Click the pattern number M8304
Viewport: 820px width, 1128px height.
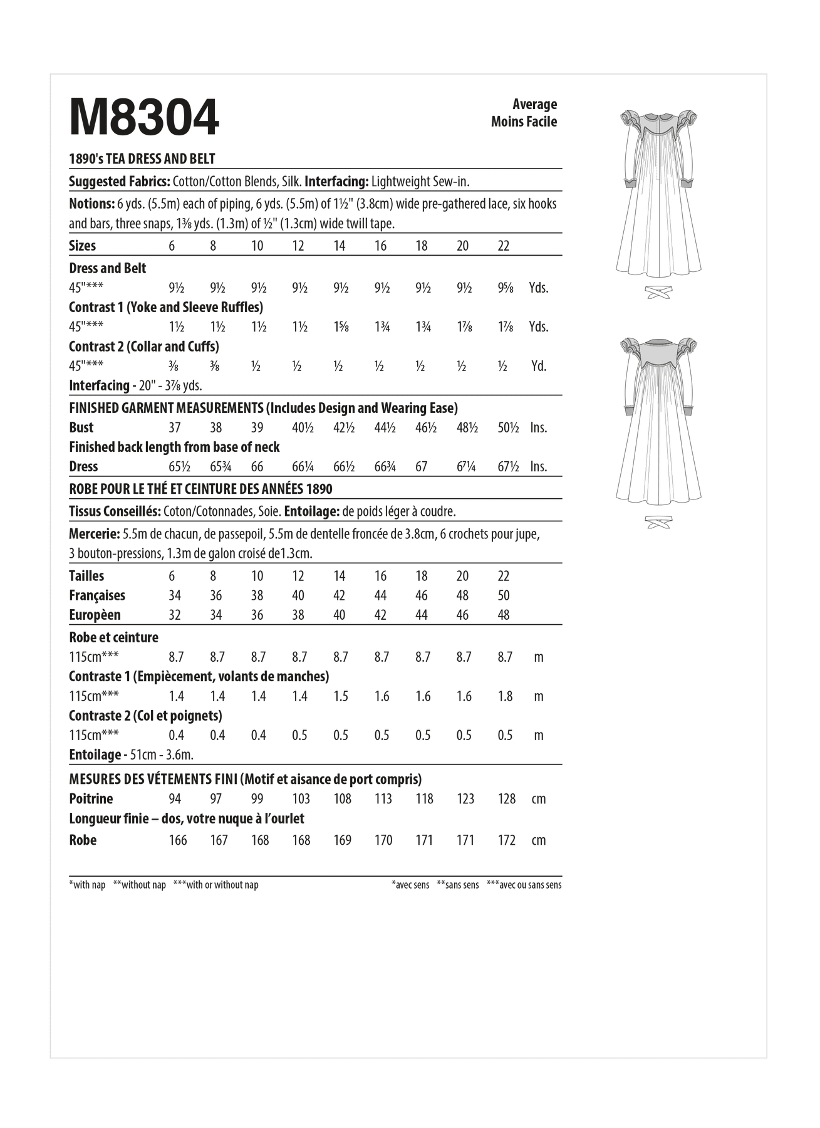[x=144, y=117]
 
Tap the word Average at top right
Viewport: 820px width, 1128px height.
[x=534, y=104]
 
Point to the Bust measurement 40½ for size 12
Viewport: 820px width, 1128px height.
[x=299, y=427]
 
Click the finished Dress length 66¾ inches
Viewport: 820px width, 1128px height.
[x=382, y=467]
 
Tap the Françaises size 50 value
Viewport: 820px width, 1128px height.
[x=504, y=595]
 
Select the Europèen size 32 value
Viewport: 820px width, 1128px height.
[x=175, y=615]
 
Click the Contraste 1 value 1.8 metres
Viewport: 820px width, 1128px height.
[x=505, y=696]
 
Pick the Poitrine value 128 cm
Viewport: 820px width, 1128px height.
[x=506, y=799]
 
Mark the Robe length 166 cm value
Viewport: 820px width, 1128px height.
[x=178, y=840]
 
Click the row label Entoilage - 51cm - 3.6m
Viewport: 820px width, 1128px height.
[x=131, y=755]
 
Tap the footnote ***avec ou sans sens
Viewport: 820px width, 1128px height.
[x=524, y=885]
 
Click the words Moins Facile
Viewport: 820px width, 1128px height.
[x=524, y=122]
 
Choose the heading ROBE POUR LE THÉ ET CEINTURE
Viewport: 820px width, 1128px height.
[x=200, y=489]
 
